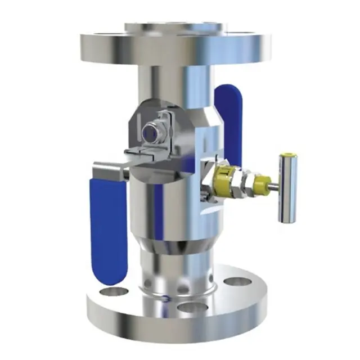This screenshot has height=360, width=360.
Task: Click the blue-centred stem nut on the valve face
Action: [x=151, y=133]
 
